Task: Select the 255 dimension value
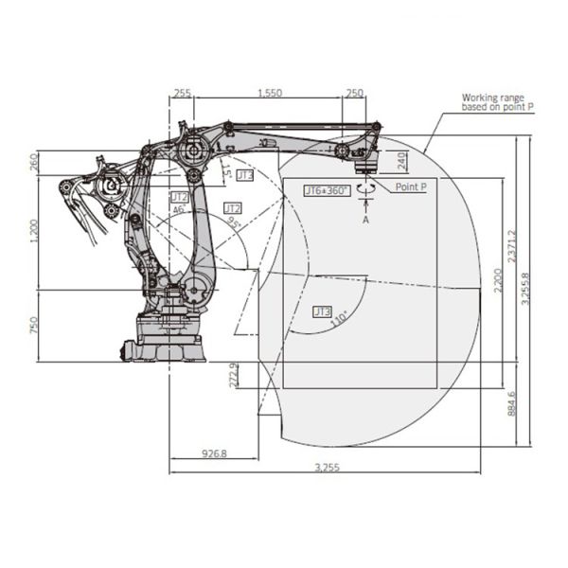point(183,93)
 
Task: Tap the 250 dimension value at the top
point(354,93)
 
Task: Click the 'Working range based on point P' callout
point(497,102)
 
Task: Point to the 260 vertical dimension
point(36,161)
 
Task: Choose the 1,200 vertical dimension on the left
point(36,229)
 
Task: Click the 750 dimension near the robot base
point(36,325)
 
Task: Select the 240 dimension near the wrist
point(401,161)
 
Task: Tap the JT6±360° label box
point(327,190)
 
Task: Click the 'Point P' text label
point(411,188)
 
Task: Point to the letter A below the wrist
point(366,219)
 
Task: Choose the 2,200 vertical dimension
point(498,281)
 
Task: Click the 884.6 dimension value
point(512,402)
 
